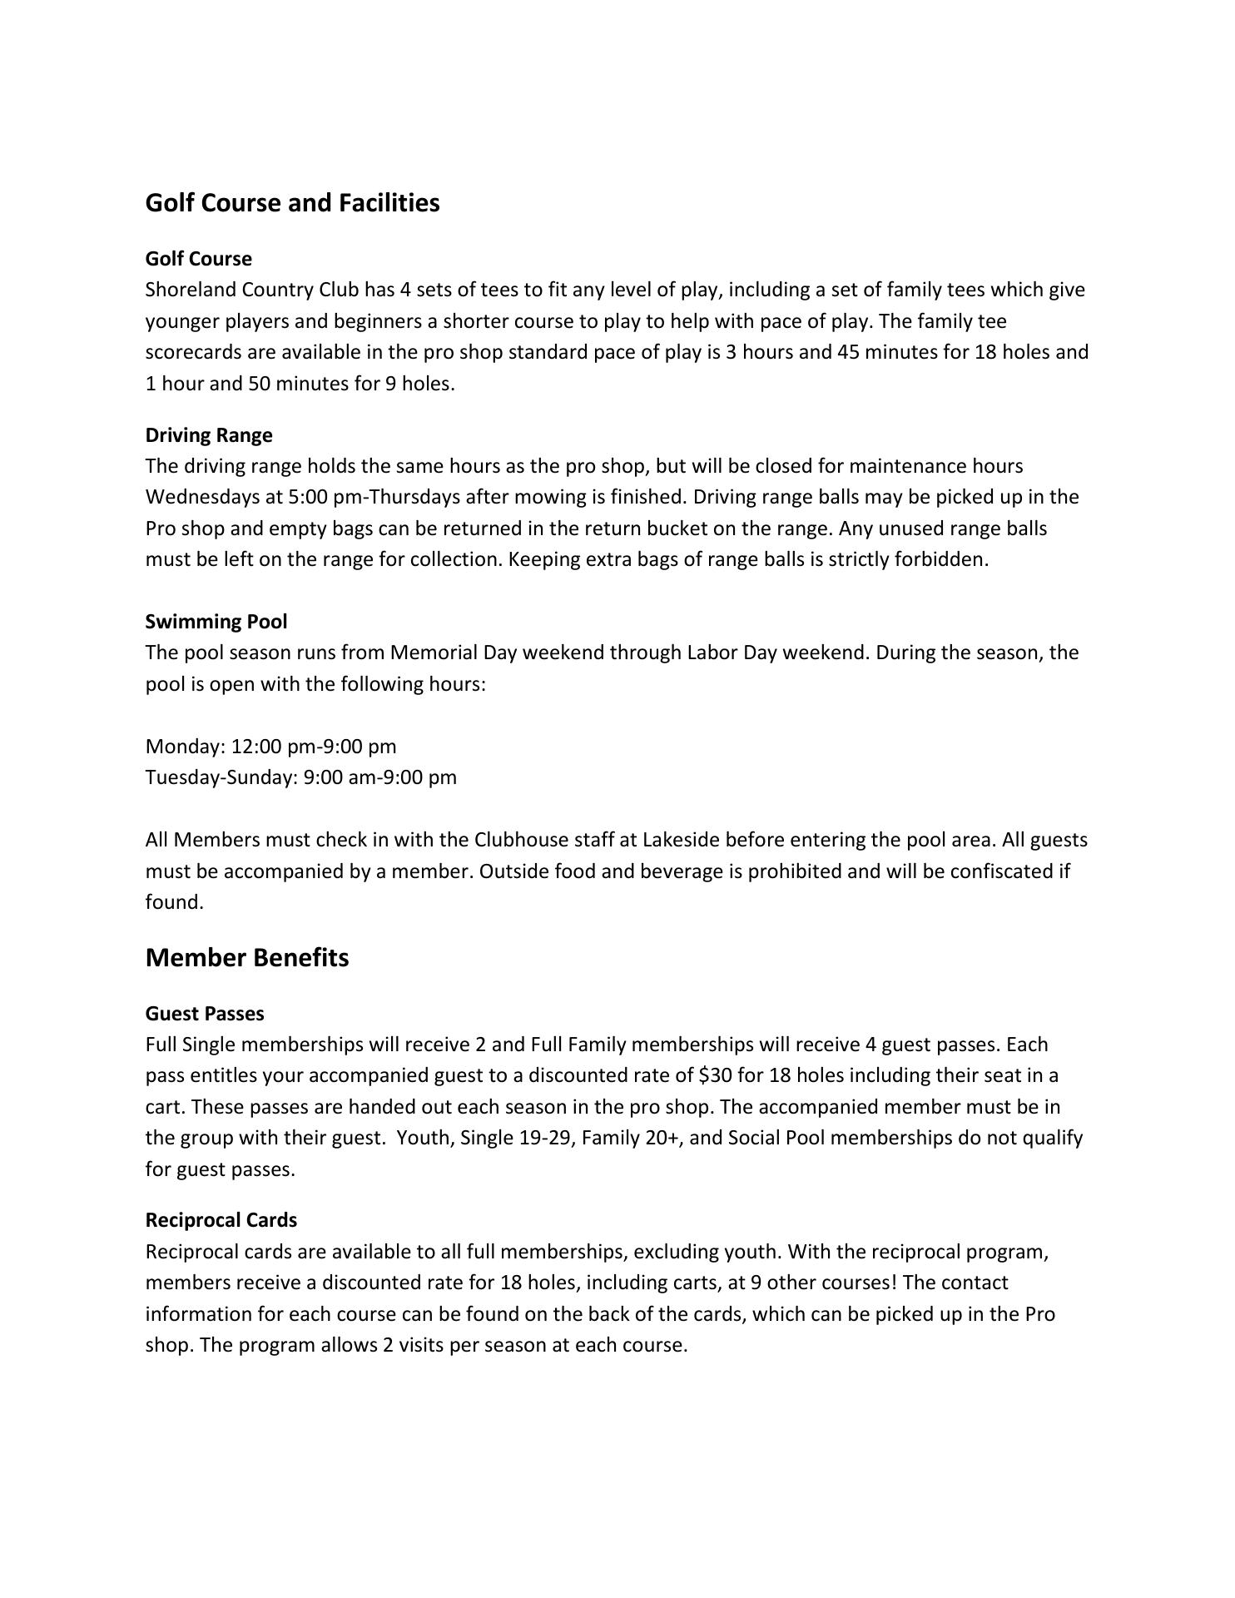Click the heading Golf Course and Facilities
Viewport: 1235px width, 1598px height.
pos(292,202)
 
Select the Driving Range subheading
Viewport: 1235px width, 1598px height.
pos(209,434)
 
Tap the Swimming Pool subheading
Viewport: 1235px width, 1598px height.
pos(216,621)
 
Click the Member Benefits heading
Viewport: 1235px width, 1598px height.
pos(247,957)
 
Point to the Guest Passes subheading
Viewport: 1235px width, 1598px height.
pos(205,1013)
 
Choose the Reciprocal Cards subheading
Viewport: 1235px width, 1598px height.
pos(221,1219)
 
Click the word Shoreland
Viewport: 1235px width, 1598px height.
pos(191,290)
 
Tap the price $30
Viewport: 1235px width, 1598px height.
pos(716,1075)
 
